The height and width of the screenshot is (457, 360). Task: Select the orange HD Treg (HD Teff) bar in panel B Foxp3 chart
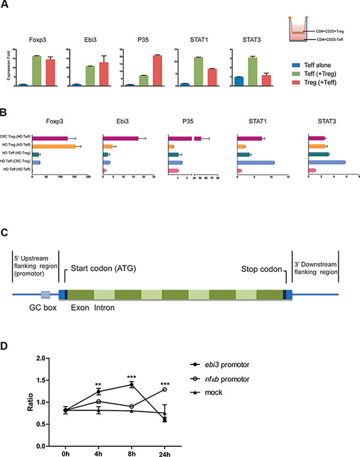coord(53,146)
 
